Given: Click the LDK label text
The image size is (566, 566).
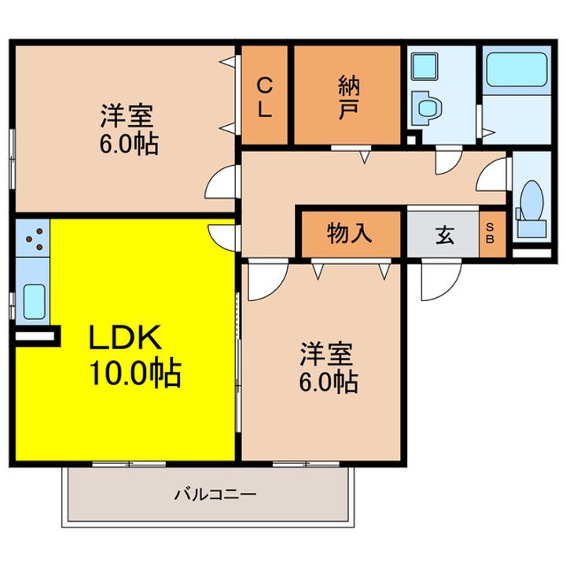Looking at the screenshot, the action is click(x=125, y=336).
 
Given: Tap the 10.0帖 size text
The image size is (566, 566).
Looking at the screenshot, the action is click(x=134, y=373).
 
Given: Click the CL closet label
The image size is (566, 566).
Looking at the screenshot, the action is click(x=265, y=97).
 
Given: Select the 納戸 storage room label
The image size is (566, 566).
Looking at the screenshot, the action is click(x=348, y=97).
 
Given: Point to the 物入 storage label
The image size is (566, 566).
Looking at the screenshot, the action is click(x=349, y=233).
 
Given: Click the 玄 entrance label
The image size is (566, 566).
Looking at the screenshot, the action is click(x=445, y=234).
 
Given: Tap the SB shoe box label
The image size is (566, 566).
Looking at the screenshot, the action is click(x=490, y=233).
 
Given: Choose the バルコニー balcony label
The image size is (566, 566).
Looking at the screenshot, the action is click(x=215, y=494).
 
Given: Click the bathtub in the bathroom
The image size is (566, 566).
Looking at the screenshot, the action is click(x=517, y=70).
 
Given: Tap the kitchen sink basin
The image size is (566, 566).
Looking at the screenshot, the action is click(x=35, y=301).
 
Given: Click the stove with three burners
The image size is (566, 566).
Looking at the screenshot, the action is click(x=32, y=239).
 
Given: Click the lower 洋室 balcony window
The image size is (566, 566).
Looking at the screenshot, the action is click(x=306, y=464).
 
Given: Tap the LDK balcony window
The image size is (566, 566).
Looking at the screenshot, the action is click(x=129, y=464).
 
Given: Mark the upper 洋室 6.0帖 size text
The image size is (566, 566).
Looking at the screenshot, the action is click(x=129, y=145).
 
